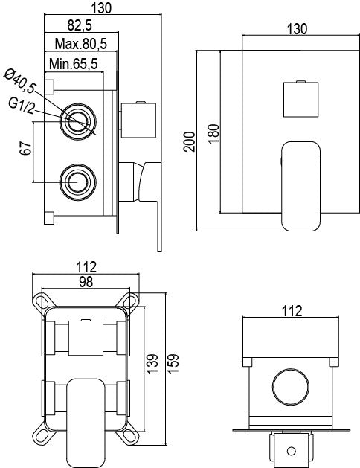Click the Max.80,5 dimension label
coord(80,45)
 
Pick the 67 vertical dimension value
coord(25,151)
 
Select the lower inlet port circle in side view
coord(76,181)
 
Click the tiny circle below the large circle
coord(291,449)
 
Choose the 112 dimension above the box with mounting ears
coord(86,265)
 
